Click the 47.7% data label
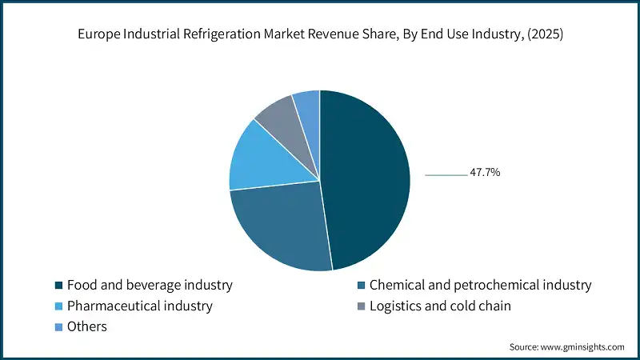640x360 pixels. pos(486,172)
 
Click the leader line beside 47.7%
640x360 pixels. pos(446,174)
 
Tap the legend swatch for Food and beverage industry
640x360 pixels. pos(58,285)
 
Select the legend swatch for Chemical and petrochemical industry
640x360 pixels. pos(361,285)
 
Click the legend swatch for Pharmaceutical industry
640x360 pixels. pos(58,306)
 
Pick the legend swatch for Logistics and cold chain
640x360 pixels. pos(361,306)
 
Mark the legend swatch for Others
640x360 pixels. pos(58,326)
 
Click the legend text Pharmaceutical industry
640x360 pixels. pos(140,306)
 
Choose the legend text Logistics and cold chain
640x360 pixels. pos(440,306)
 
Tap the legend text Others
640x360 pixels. pos(87,326)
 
